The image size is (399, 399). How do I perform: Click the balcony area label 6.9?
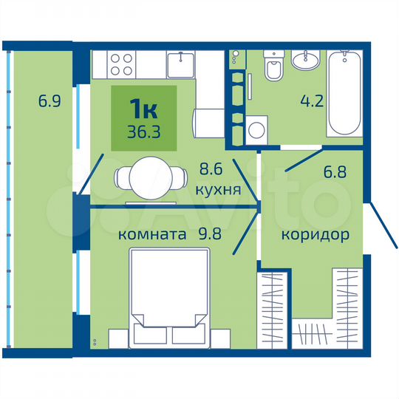pos(49,98)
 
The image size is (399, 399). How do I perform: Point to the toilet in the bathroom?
pos(273,68)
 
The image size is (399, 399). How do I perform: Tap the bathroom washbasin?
pos(305,61)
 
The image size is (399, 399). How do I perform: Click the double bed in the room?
pos(168,299)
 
